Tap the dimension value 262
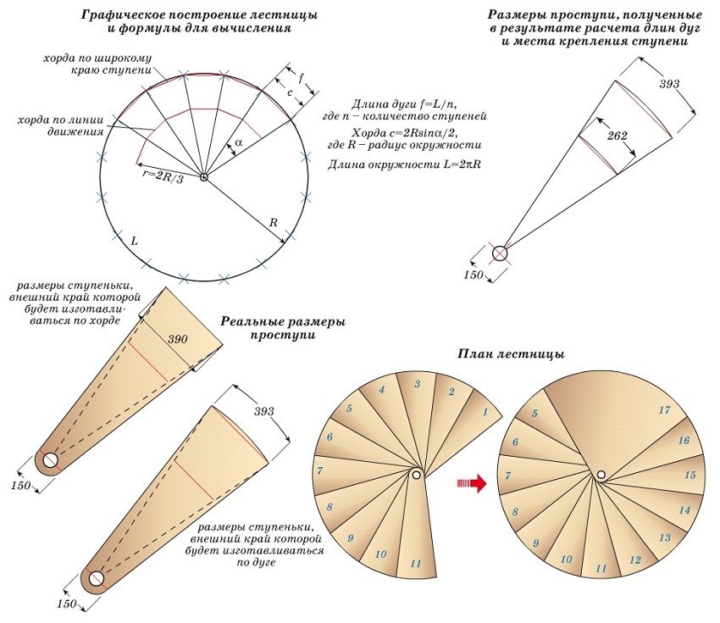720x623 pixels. pos(618,136)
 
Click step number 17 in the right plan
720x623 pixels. pos(665,410)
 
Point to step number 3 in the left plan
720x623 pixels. pos(417,384)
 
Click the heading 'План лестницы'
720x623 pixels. pos(511,353)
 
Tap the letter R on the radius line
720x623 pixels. pos(273,222)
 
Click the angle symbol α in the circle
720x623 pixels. pos(239,142)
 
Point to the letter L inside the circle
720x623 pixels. pos(134,241)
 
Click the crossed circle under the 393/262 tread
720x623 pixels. pos(501,253)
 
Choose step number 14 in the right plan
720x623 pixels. pos(684,510)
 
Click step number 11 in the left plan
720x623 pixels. pos(415,563)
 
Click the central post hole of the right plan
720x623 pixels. pos(600,476)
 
